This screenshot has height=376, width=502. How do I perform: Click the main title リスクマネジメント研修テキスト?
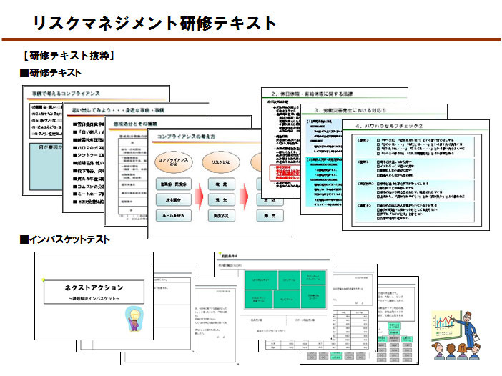click(154, 23)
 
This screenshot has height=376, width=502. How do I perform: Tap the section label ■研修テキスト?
click(50, 73)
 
